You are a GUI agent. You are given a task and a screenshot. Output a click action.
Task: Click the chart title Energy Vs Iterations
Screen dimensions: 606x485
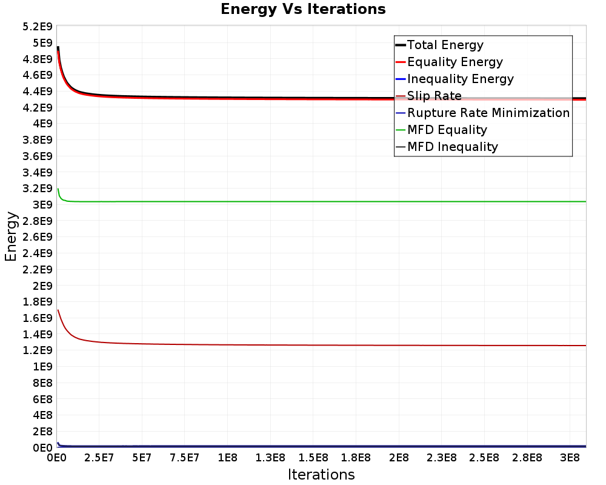coord(303,9)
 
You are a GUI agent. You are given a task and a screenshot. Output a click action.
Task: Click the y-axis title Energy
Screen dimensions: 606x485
coord(11,236)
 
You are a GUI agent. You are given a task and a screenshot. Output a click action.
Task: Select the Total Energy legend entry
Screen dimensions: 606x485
coord(440,45)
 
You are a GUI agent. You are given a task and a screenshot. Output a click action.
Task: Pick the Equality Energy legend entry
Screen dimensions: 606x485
coord(450,62)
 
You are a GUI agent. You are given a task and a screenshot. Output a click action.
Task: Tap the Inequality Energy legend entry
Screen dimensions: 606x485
coord(455,79)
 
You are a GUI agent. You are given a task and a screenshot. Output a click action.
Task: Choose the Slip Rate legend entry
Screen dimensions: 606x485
coord(429,96)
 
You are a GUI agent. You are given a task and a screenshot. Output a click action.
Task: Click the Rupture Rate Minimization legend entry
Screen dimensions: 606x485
coord(483,113)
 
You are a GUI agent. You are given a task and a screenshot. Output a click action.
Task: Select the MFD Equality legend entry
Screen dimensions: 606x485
coord(441,130)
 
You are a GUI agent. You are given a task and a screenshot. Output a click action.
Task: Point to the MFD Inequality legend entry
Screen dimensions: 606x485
coord(447,147)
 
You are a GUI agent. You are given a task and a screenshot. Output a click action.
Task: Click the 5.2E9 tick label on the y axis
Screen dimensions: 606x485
coord(38,27)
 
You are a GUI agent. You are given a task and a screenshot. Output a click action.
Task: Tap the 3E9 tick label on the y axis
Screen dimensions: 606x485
coord(42,204)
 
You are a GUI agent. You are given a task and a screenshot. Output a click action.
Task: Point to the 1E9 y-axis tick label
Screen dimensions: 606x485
coord(42,366)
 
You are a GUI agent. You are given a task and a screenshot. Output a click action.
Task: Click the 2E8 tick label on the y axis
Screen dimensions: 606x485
coord(42,431)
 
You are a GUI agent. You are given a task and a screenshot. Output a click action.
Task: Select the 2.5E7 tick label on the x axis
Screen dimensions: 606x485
coord(99,458)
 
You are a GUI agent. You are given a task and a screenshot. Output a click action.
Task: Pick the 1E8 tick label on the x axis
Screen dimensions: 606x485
coord(228,458)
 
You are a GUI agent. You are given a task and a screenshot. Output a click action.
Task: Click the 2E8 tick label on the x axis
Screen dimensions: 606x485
coord(399,458)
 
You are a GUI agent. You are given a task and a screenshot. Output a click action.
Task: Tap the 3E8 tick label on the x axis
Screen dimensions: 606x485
coord(570,458)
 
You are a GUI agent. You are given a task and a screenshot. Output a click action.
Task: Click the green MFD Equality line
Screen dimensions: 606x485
coord(322,201)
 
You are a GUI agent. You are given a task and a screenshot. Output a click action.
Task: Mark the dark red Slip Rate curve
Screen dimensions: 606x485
coord(322,345)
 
